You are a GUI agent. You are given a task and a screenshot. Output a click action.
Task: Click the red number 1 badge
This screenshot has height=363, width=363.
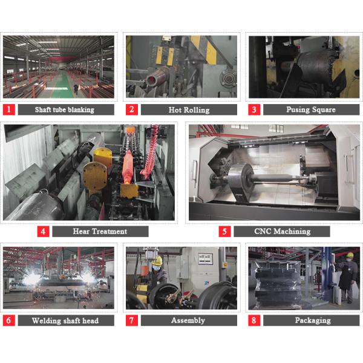tap(8, 110)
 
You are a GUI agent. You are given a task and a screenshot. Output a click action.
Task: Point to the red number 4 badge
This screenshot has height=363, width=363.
tap(43, 231)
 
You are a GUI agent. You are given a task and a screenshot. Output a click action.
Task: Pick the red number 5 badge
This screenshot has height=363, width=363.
tap(224, 231)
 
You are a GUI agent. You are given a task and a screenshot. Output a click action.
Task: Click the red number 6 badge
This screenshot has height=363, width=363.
tap(8, 320)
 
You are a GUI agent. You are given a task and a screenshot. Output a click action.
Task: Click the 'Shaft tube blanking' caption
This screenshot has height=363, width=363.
tap(65, 110)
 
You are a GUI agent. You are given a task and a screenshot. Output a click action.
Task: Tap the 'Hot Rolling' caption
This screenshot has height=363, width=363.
tap(188, 110)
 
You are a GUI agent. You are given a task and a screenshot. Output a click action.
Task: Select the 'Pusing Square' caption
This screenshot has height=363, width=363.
tap(311, 110)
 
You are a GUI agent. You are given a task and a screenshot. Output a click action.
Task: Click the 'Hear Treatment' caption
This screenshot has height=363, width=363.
tap(100, 231)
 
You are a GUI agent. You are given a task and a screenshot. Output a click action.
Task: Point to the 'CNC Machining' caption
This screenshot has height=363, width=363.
tap(281, 231)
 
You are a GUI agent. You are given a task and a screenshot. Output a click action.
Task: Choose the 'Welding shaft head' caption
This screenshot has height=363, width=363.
tap(65, 320)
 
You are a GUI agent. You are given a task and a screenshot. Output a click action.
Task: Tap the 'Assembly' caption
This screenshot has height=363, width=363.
tap(188, 320)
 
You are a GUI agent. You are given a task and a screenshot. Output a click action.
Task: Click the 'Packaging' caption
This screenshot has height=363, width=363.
tap(311, 320)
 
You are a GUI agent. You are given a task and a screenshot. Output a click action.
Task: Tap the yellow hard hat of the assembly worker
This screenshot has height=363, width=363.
tap(157, 261)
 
